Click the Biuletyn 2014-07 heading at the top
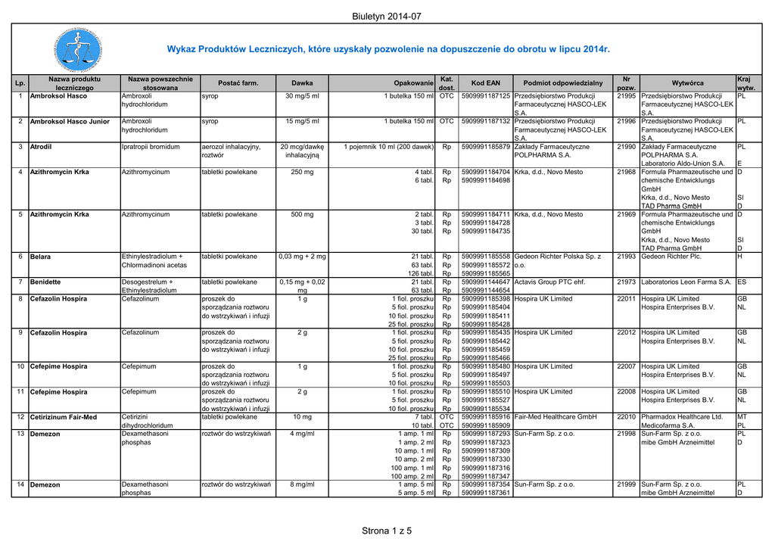pos(386,17)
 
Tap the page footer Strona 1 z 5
pos(387,531)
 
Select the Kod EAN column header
pos(485,83)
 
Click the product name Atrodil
pos(41,146)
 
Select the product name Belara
pos(39,257)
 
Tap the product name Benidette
pos(45,282)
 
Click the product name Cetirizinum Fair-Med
pos(64,417)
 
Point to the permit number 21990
pos(626,146)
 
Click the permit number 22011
pos(626,299)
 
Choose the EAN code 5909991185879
pos(485,146)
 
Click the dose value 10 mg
pos(302,417)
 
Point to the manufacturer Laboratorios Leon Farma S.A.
pos(686,282)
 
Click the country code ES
pos(742,282)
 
